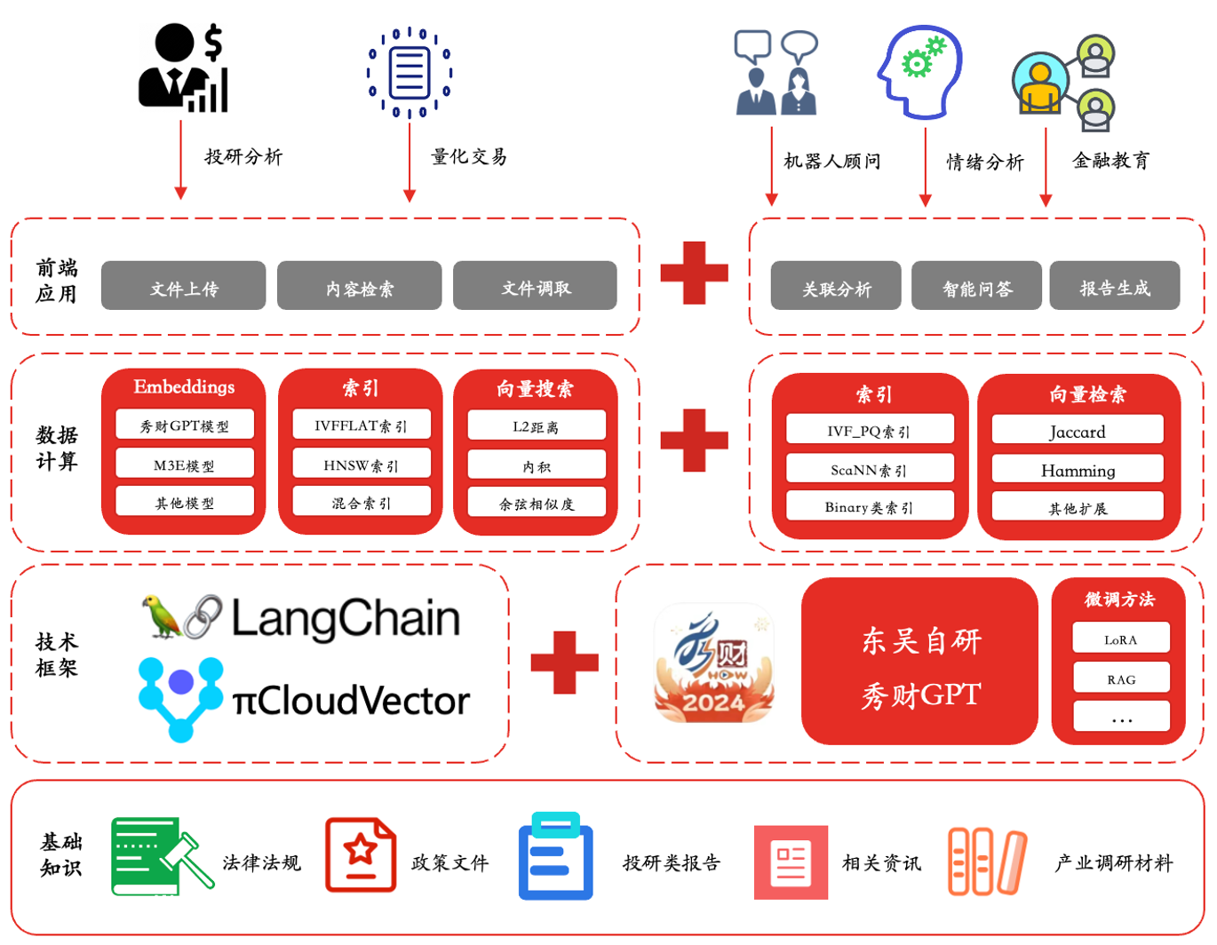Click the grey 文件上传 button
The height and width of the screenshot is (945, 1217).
click(183, 286)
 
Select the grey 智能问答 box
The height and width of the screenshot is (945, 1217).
click(976, 286)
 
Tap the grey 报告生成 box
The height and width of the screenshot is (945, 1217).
click(1114, 286)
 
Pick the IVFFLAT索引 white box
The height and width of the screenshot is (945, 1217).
click(362, 425)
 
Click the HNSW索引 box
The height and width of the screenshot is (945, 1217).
click(362, 464)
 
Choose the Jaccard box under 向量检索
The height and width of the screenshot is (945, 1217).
click(1078, 431)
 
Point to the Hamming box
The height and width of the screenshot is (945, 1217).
click(1078, 469)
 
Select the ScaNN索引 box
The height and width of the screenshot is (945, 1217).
click(870, 469)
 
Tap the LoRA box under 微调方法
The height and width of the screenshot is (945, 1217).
click(1121, 639)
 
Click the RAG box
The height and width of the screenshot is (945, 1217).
click(1121, 679)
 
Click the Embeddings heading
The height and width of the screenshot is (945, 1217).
click(184, 386)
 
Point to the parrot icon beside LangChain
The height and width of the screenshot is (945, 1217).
click(162, 616)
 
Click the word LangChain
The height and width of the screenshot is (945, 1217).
click(346, 618)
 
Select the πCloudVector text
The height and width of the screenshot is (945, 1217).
click(351, 701)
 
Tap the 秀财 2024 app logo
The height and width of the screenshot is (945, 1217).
click(713, 663)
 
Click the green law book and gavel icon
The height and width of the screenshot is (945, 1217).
click(160, 855)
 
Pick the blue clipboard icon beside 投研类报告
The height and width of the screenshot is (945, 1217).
click(555, 856)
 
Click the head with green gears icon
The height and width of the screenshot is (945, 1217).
click(920, 71)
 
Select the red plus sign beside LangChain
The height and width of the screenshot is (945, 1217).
click(564, 663)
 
